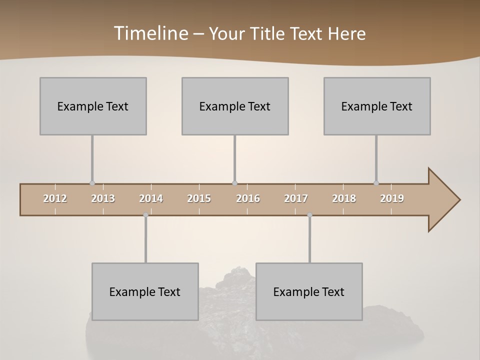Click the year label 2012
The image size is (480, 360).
pyautogui.click(x=55, y=198)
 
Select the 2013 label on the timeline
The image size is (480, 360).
pyautogui.click(x=103, y=198)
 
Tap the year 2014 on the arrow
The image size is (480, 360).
pyautogui.click(x=151, y=198)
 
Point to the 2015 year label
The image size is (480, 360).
pyautogui.click(x=199, y=198)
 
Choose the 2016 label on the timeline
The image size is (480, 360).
pyautogui.click(x=248, y=198)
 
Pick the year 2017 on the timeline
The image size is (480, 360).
pyautogui.click(x=296, y=198)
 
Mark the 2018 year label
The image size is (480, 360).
pyautogui.click(x=344, y=198)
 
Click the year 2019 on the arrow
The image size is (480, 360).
pyautogui.click(x=392, y=198)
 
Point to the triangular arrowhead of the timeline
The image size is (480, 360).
pyautogui.click(x=443, y=200)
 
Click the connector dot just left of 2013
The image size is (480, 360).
pyautogui.click(x=92, y=183)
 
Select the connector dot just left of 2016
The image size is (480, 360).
pyautogui.click(x=234, y=183)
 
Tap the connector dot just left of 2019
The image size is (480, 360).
pyautogui.click(x=376, y=183)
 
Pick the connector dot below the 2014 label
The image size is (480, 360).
pyautogui.click(x=145, y=215)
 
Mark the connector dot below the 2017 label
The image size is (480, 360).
pyautogui.click(x=309, y=215)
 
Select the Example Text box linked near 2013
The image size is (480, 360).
pyautogui.click(x=93, y=106)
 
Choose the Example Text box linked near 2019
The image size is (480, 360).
pyautogui.click(x=377, y=106)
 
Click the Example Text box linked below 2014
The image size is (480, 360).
pyautogui.click(x=145, y=291)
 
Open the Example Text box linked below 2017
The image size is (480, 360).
pyautogui.click(x=309, y=291)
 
